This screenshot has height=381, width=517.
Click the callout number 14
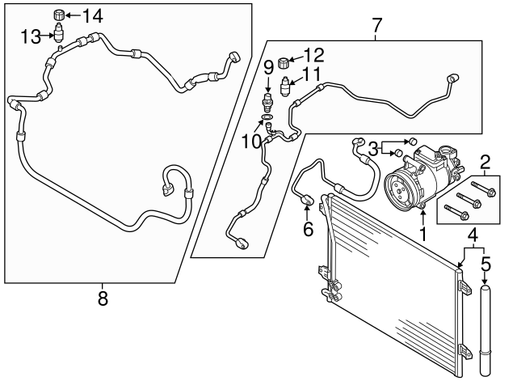93,15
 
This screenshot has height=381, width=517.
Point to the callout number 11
312,74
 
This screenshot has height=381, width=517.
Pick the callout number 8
103,298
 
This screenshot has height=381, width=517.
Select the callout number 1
421,235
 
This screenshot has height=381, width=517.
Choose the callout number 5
485,264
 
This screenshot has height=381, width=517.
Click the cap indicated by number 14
57,15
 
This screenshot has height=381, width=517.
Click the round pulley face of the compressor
398,189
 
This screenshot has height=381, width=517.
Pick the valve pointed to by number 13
58,35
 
